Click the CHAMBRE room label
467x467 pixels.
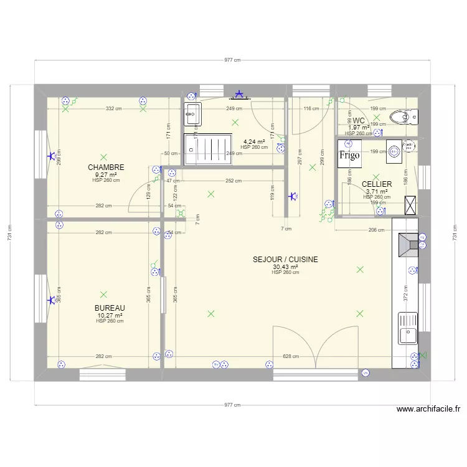(106, 167)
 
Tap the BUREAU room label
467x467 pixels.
(110, 308)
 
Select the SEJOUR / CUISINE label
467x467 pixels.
(285, 259)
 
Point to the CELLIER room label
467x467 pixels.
(377, 184)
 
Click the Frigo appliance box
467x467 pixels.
(350, 156)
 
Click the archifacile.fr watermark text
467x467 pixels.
(428, 409)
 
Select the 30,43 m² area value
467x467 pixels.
(285, 267)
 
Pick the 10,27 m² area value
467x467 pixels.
(110, 316)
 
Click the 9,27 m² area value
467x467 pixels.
(106, 175)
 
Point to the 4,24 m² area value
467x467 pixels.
(254, 141)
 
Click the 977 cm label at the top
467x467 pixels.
(232, 60)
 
